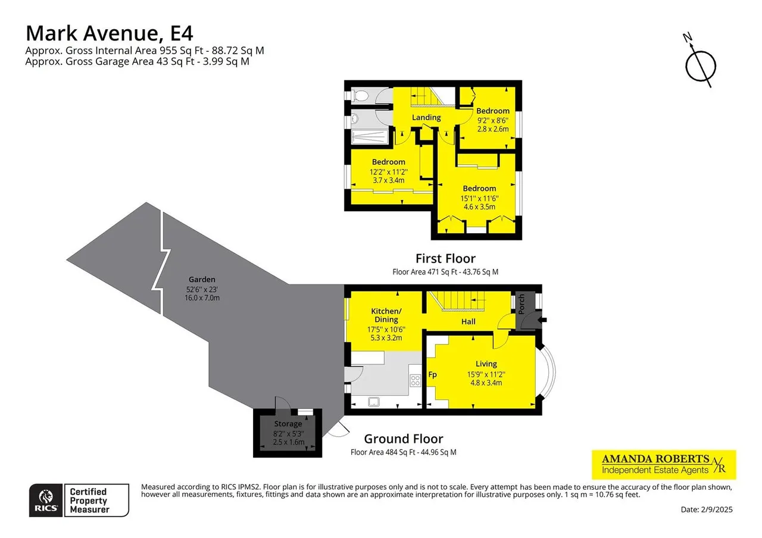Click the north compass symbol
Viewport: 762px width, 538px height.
point(701,65)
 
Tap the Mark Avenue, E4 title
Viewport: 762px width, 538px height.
point(110,33)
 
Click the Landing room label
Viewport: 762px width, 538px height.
point(426,118)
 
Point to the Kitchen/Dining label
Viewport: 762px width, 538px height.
point(386,315)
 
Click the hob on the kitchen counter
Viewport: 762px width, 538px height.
point(415,380)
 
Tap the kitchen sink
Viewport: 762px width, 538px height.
point(374,402)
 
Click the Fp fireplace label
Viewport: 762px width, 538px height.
point(432,375)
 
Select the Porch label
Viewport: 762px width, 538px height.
point(521,304)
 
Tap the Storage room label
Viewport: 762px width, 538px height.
point(288,424)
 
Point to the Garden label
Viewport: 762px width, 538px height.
point(202,280)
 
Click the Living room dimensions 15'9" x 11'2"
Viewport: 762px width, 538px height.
point(486,374)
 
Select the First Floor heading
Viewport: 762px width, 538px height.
point(445,258)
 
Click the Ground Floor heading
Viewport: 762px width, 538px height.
point(404,439)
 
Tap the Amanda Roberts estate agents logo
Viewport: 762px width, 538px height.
point(664,465)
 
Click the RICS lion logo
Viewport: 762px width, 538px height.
point(46,501)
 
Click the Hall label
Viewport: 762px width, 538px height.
point(469,322)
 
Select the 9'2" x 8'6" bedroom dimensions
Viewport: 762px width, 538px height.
point(493,120)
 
